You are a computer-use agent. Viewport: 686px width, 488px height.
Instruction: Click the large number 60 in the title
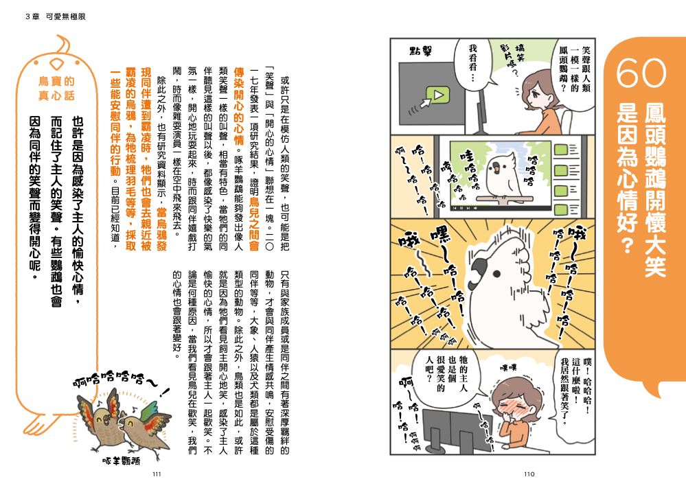(x=641, y=73)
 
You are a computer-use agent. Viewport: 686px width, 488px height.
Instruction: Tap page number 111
(x=157, y=474)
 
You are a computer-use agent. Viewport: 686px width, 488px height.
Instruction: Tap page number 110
(x=529, y=474)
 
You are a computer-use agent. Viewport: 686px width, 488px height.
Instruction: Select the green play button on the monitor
(x=436, y=95)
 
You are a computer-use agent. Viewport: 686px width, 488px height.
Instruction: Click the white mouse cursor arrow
(x=425, y=104)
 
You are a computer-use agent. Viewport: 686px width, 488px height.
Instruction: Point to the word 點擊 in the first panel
(x=421, y=51)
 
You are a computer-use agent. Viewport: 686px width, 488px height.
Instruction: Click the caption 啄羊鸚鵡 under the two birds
(x=122, y=461)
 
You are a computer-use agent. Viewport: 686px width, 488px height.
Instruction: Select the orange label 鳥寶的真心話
(x=56, y=89)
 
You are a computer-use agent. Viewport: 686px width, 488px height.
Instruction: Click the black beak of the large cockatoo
(x=480, y=267)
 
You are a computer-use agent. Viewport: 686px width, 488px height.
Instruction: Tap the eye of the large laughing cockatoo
(x=496, y=274)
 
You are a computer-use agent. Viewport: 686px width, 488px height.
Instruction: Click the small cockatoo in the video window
(x=502, y=175)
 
